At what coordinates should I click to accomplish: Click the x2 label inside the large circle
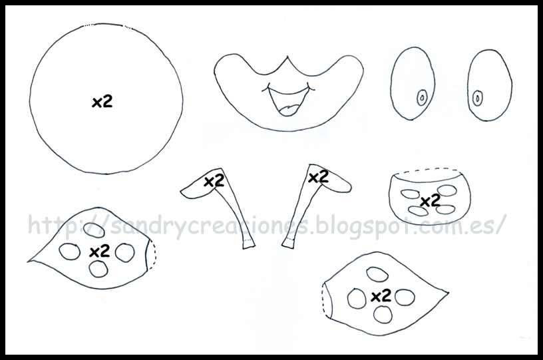click(x=102, y=102)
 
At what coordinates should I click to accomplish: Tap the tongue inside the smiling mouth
click(x=290, y=110)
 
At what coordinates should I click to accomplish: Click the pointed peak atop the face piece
click(x=287, y=57)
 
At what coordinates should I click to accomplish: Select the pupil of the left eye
click(x=422, y=98)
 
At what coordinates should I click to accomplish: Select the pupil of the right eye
click(x=478, y=97)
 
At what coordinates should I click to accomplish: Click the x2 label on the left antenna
click(x=214, y=181)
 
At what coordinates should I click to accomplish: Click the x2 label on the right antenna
click(x=318, y=177)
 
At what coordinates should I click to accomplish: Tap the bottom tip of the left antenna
click(x=249, y=246)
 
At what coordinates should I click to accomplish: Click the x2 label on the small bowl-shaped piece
click(x=430, y=200)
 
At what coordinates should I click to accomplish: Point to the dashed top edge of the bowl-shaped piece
click(x=429, y=170)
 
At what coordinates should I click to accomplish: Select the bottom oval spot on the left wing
click(x=98, y=269)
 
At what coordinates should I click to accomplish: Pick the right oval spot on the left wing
click(x=124, y=252)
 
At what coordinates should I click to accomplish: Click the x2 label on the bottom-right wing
click(x=381, y=295)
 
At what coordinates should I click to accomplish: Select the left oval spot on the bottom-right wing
click(x=357, y=298)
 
